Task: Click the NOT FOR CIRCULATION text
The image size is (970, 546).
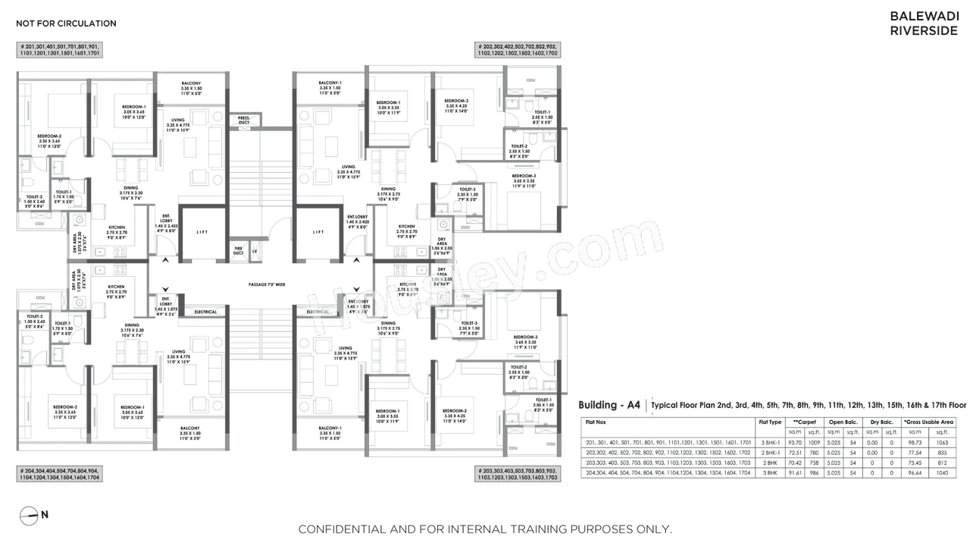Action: click(67, 24)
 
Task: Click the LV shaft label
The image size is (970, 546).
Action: click(255, 249)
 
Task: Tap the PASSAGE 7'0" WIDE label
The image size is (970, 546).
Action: click(266, 284)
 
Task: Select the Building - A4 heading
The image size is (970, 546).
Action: click(609, 405)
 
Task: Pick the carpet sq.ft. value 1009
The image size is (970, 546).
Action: click(815, 442)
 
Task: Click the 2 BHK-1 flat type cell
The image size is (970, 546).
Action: click(769, 452)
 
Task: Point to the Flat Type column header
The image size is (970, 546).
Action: click(769, 422)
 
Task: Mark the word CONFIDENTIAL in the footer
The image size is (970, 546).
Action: click(341, 529)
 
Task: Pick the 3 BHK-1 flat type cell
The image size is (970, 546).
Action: click(769, 442)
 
